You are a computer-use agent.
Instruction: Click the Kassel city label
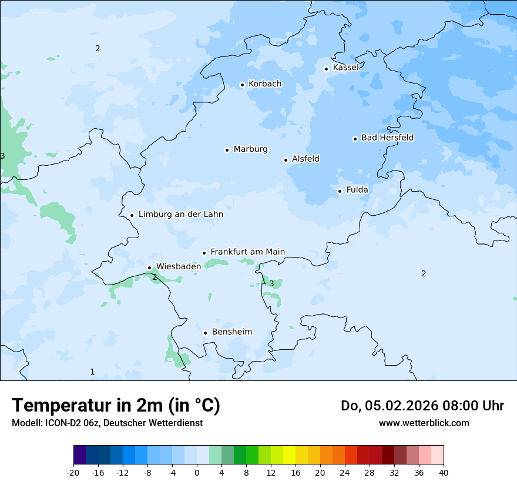[345, 68]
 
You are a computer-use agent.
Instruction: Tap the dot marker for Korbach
[242, 85]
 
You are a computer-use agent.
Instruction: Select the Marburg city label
[250, 149]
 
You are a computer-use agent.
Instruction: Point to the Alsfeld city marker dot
[286, 160]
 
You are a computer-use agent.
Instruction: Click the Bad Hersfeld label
[387, 138]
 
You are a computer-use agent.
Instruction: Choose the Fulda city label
[357, 190]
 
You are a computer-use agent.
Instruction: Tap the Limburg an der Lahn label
[180, 215]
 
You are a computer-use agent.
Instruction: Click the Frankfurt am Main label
[247, 252]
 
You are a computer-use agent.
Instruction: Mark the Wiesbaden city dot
[149, 268]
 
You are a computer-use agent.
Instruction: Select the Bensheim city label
[231, 332]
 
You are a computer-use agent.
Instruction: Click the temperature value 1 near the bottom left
[92, 372]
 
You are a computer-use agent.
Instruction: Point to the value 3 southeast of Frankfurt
[271, 284]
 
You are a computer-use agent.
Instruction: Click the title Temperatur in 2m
[116, 406]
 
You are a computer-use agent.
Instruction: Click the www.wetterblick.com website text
[424, 423]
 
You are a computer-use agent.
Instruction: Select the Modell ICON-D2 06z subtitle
[107, 423]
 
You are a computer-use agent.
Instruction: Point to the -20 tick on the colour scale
[73, 472]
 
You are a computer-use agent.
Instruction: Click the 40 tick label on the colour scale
[443, 472]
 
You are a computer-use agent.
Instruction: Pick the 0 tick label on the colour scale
[197, 472]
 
